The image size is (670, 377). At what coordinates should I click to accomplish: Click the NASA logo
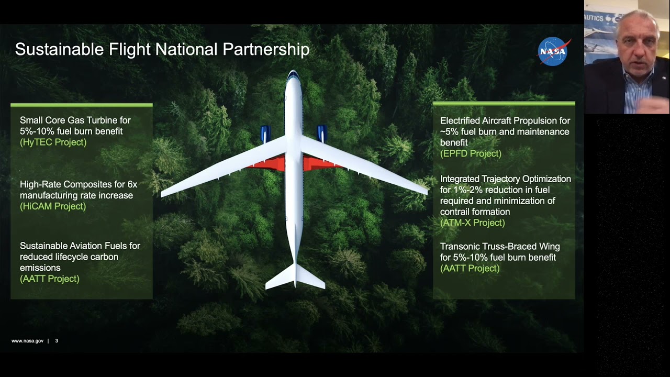pos(553,51)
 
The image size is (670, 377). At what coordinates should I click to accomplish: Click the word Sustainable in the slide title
pos(59,50)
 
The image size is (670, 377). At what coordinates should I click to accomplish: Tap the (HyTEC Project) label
pos(53,142)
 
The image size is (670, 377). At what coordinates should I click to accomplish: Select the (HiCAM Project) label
pos(53,206)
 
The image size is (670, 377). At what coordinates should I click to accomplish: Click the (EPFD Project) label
pos(471,153)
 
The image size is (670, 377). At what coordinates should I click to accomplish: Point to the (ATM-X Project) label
pos(472,223)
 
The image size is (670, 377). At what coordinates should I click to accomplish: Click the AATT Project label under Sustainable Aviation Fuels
pos(50,279)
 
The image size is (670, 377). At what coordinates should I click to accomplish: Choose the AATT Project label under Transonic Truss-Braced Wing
pos(470,269)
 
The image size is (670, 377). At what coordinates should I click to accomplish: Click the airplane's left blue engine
pos(265,134)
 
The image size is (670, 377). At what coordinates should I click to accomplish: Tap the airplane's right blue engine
pos(322,133)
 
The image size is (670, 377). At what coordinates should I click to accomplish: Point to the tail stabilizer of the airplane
pos(295,278)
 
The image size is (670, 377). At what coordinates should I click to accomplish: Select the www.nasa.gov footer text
pos(27,341)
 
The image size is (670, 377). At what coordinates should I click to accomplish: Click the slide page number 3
pos(57,341)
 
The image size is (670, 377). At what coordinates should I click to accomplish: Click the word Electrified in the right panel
pos(460,121)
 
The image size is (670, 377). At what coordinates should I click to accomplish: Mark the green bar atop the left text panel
pos(81,105)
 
